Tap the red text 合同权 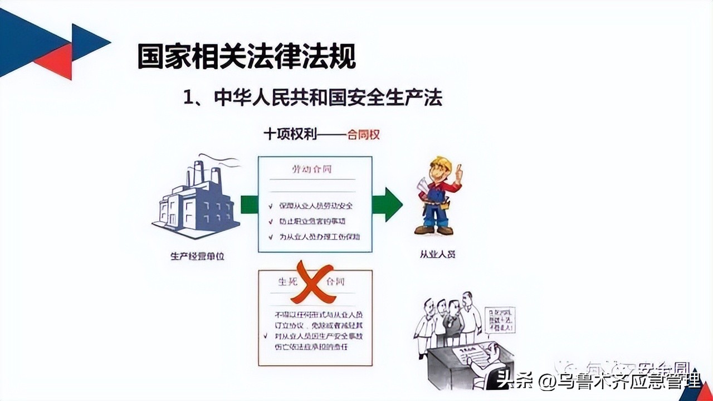click(363, 134)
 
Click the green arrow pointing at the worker click(388, 204)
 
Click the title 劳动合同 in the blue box click(312, 168)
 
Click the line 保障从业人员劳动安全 click(317, 206)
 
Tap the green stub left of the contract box click(249, 204)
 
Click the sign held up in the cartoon click(499, 320)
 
